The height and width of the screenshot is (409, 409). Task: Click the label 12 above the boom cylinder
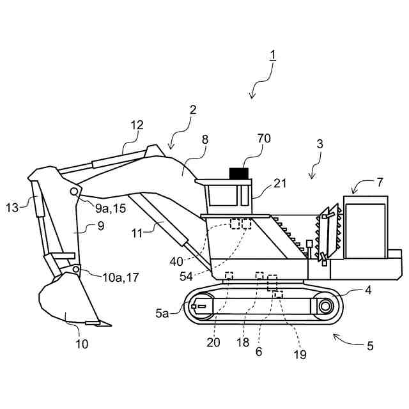[x=137, y=125]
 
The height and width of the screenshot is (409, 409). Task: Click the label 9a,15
[x=109, y=208]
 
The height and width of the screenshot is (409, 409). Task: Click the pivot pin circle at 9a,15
[x=75, y=191]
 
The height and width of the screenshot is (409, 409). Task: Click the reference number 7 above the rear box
[x=380, y=181]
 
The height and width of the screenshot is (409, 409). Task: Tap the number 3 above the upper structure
[x=320, y=144]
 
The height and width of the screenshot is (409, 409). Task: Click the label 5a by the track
[x=162, y=314]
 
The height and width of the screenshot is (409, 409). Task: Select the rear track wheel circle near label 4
[x=325, y=306]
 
